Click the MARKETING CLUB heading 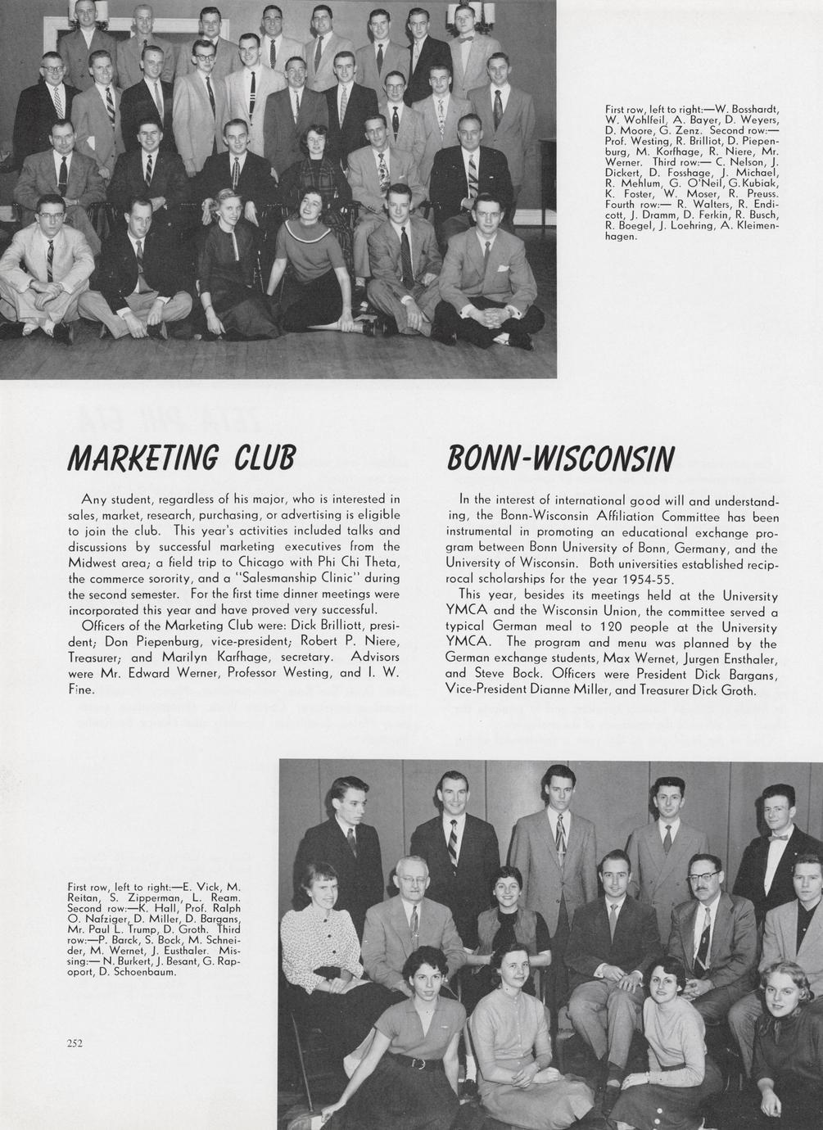pos(181,460)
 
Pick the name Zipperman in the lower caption pos(134,898)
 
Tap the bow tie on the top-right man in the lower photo pos(777,837)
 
